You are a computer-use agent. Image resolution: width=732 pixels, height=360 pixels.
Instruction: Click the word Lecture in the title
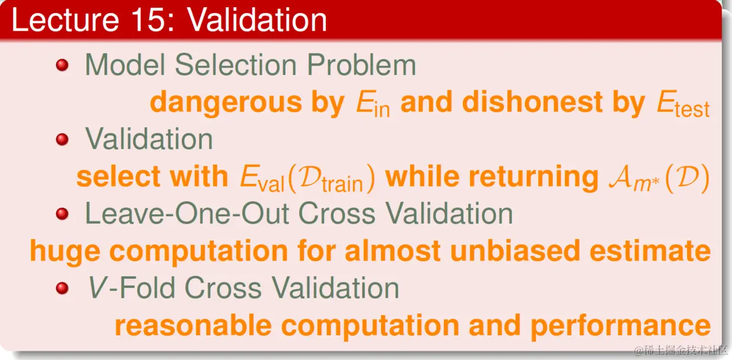coord(65,20)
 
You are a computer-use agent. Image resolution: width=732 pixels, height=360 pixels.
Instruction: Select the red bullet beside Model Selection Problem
coord(62,65)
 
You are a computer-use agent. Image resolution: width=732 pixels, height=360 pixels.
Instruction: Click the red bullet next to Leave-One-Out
coord(62,214)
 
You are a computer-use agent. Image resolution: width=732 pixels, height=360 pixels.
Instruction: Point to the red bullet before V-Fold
coord(62,288)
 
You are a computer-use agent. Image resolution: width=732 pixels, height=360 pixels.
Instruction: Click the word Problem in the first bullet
coord(361,65)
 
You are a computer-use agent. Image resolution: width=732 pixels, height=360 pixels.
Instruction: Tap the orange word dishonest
coord(532,102)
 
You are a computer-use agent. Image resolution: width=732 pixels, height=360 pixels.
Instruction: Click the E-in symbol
coord(373,103)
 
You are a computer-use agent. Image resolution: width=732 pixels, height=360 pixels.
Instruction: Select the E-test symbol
coord(683,103)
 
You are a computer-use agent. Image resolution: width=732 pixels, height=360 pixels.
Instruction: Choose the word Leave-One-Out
coord(187,214)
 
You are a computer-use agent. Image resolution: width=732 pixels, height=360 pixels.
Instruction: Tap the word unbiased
coord(515,250)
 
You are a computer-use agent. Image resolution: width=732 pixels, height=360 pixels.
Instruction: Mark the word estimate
coord(650,250)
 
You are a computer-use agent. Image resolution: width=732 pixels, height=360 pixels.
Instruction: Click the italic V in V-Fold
coord(97,287)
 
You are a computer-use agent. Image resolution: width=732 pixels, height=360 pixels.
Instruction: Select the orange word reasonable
coord(193,326)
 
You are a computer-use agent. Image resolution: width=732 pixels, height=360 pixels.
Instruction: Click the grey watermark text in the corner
coord(681,350)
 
